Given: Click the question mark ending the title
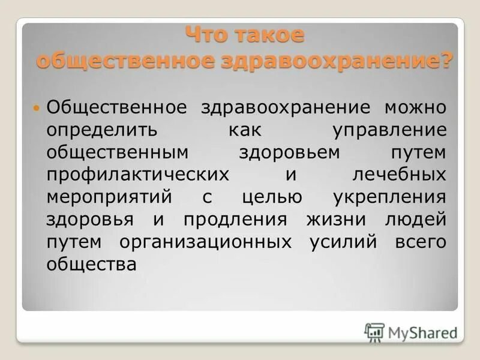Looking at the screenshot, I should [x=446, y=61].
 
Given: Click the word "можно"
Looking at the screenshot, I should [x=415, y=108].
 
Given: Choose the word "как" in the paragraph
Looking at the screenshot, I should [x=245, y=130].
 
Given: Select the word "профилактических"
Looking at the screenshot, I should [x=137, y=175].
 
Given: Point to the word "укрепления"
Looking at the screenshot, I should [x=388, y=197].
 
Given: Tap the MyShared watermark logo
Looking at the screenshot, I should [x=410, y=331].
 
